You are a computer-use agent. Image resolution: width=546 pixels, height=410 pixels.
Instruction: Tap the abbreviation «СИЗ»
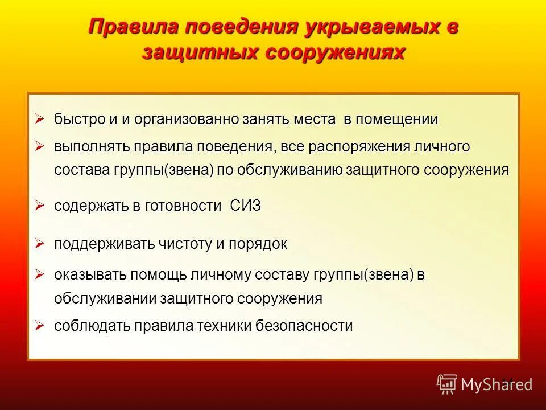[246, 206]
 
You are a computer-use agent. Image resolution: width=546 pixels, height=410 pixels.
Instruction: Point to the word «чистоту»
[185, 244]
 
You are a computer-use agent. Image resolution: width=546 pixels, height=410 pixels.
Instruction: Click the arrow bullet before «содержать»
[39, 206]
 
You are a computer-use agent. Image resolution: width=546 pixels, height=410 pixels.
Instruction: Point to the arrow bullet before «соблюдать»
[39, 325]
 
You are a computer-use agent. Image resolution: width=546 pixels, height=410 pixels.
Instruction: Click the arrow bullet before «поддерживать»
[39, 244]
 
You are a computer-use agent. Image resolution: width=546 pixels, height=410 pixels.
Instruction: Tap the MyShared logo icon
[447, 384]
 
